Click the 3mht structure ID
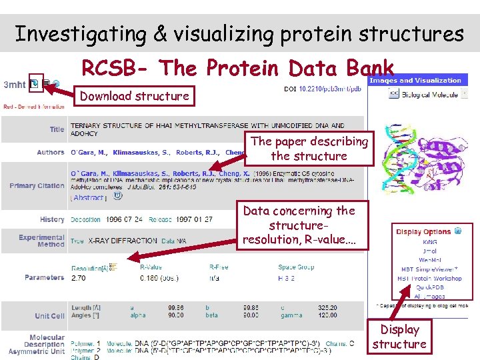pyautogui.click(x=15, y=85)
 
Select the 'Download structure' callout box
pyautogui.click(x=134, y=96)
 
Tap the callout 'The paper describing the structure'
pyautogui.click(x=309, y=149)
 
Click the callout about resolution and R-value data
pyautogui.click(x=299, y=225)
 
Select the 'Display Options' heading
pyautogui.click(x=423, y=232)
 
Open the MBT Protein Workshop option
pyautogui.click(x=429, y=278)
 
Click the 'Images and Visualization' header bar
pyautogui.click(x=415, y=81)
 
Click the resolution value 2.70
pyautogui.click(x=78, y=277)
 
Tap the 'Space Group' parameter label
pyautogui.click(x=296, y=267)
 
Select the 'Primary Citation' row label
pyautogui.click(x=37, y=186)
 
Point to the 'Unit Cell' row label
pyautogui.click(x=49, y=315)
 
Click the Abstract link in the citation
pyautogui.click(x=89, y=197)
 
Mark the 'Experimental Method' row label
pyautogui.click(x=41, y=241)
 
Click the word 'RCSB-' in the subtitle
pyautogui.click(x=116, y=68)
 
